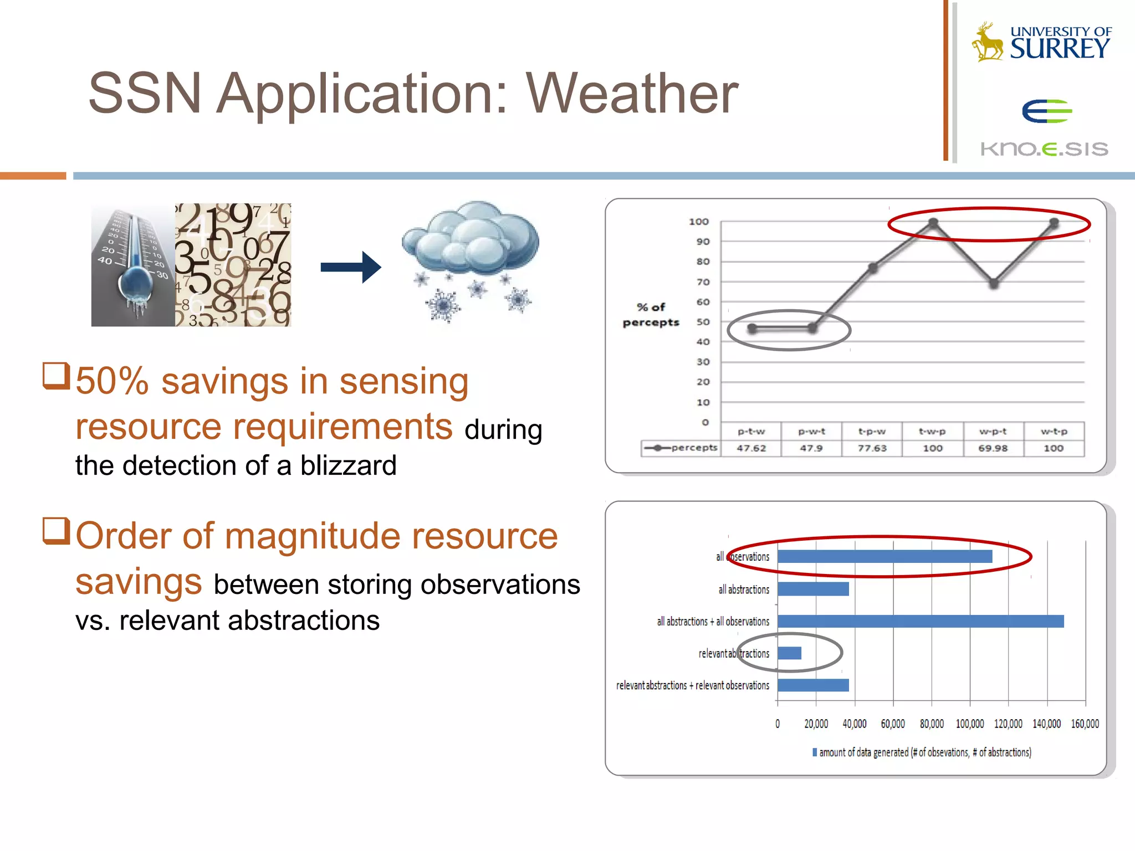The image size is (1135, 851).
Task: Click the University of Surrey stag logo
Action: point(988,42)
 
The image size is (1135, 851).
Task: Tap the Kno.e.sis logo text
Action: point(1044,148)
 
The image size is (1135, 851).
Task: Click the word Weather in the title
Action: point(632,94)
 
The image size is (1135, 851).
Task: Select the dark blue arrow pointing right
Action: point(351,268)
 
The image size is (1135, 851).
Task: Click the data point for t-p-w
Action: point(873,269)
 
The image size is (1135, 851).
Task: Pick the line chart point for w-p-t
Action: point(994,284)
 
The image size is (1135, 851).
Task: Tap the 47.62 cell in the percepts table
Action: point(751,448)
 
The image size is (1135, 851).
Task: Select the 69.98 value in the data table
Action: point(993,448)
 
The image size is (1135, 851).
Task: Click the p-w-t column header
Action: point(811,431)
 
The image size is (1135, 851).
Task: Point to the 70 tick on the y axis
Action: point(703,282)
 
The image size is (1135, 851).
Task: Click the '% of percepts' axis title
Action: point(651,315)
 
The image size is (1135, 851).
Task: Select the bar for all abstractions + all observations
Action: point(920,622)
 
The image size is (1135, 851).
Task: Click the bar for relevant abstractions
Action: point(789,653)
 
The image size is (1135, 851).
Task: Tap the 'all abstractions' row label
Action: point(744,589)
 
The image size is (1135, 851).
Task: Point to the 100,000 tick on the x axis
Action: point(970,724)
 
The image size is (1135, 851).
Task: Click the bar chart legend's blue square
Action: point(815,752)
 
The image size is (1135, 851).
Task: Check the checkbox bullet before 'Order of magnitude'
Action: point(56,530)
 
